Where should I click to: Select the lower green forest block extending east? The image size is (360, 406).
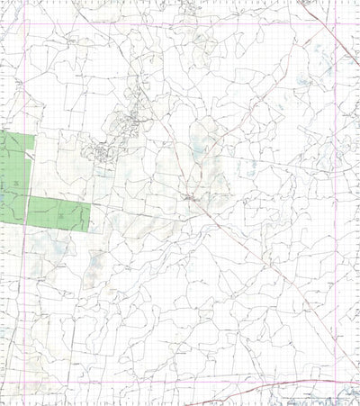(x=58, y=212)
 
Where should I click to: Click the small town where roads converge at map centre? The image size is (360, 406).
(x=191, y=197)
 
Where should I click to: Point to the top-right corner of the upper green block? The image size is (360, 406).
(x=34, y=135)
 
